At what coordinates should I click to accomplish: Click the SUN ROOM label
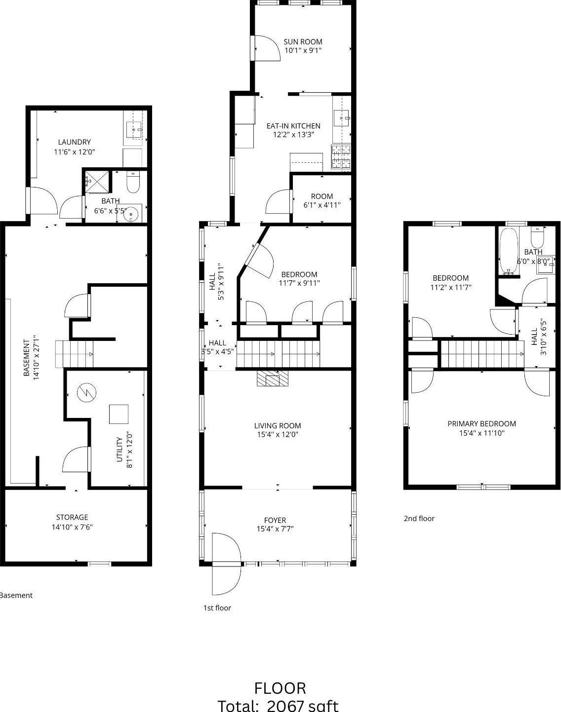(303, 42)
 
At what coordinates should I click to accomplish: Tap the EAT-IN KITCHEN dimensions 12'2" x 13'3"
(293, 134)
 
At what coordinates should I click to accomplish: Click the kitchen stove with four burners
(341, 157)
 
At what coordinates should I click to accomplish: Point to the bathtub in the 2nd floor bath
(508, 251)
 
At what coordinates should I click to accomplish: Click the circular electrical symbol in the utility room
(86, 393)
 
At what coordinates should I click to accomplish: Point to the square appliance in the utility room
(119, 414)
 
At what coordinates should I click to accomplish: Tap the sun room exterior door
(266, 48)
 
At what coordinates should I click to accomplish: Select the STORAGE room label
(72, 517)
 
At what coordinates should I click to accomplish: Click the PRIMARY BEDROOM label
(481, 424)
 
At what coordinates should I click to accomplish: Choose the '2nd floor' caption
(419, 518)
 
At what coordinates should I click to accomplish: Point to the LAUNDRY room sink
(134, 129)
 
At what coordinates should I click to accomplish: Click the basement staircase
(74, 354)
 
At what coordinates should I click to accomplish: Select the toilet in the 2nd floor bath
(537, 238)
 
